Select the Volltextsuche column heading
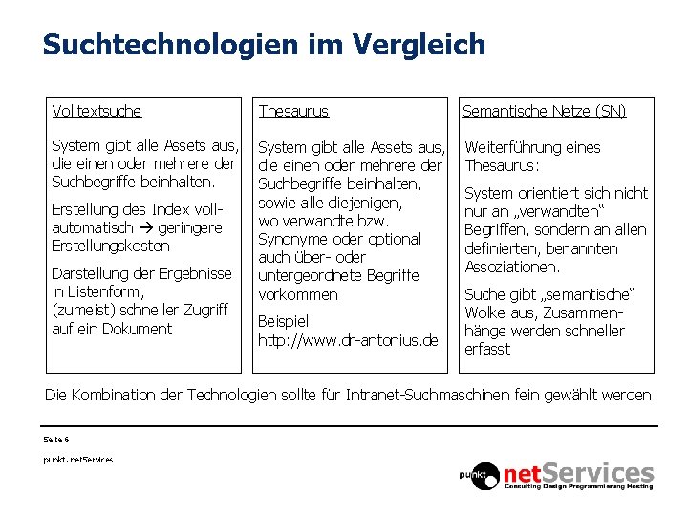point(97,111)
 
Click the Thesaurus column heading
point(293,111)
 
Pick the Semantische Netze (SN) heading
point(544,111)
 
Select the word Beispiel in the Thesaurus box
point(286,322)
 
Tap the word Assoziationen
point(512,267)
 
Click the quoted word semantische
point(591,294)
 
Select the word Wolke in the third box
point(486,312)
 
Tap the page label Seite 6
point(56,440)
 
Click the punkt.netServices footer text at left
point(77,460)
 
